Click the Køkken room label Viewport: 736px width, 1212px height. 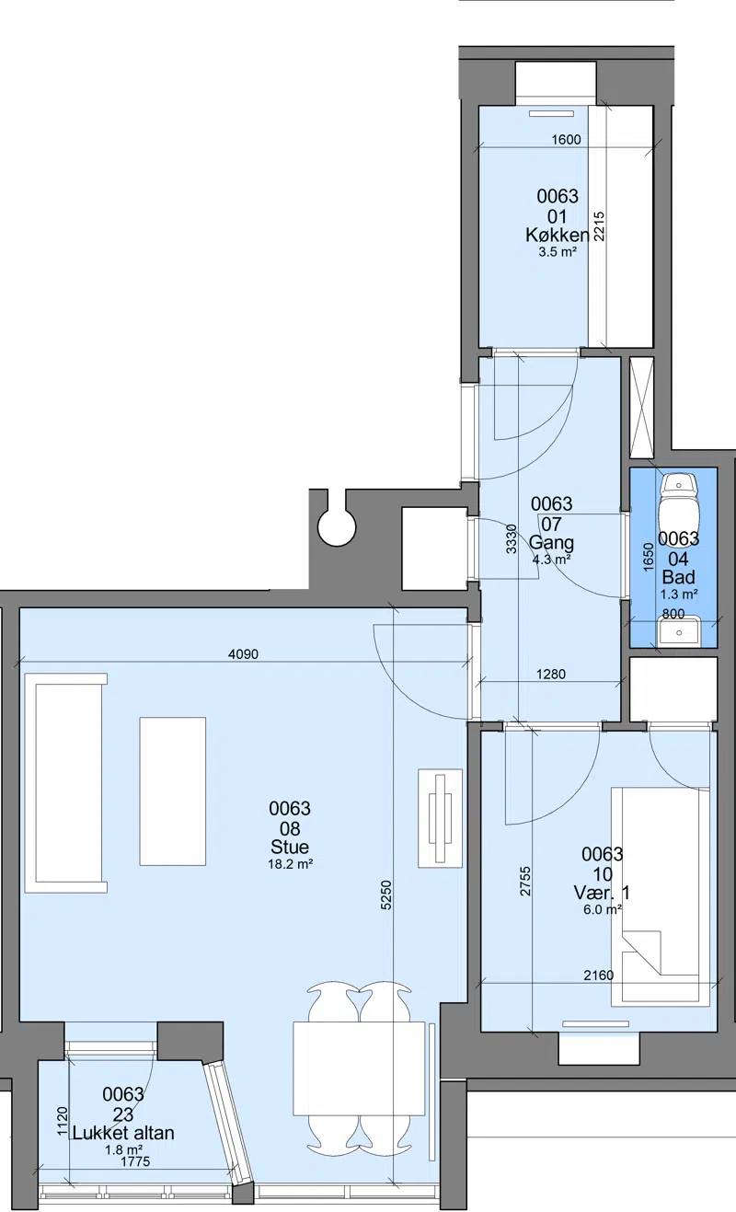(557, 235)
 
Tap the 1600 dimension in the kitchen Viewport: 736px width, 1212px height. (566, 140)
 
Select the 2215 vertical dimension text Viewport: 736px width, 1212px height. (599, 226)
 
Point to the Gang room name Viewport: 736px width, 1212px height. (551, 543)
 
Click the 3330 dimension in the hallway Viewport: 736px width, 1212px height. (511, 539)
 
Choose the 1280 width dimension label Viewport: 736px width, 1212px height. (551, 675)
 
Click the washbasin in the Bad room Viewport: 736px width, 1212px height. (679, 631)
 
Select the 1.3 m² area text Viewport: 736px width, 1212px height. (679, 594)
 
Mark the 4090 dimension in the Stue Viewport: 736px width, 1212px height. (244, 654)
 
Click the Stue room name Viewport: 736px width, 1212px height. (290, 847)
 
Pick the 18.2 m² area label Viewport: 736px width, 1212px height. (291, 864)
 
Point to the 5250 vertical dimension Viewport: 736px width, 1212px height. (385, 895)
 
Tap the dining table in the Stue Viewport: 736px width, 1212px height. (359, 1068)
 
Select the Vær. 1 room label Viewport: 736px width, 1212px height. (602, 893)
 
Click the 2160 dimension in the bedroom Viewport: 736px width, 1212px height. (599, 975)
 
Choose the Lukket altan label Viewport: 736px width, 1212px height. (123, 1118)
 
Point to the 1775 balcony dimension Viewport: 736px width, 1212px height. (135, 1146)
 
